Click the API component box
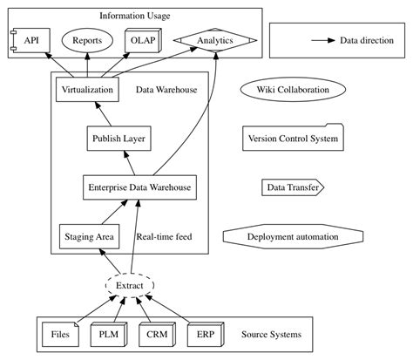[x=30, y=41]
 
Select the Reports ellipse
[x=87, y=41]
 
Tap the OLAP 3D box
[x=141, y=41]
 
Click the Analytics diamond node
[x=215, y=41]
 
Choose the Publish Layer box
[x=118, y=139]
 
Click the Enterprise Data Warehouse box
[x=139, y=187]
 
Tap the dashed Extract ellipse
[x=130, y=285]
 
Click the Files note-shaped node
[x=60, y=334]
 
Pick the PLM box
[x=109, y=334]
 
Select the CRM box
[x=157, y=334]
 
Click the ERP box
[x=206, y=334]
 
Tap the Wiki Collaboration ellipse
[x=293, y=90]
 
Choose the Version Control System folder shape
[x=293, y=139]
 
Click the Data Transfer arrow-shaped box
[x=293, y=187]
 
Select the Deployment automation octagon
[x=293, y=236]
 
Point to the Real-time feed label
[x=164, y=236]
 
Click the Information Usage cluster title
[x=135, y=16]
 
